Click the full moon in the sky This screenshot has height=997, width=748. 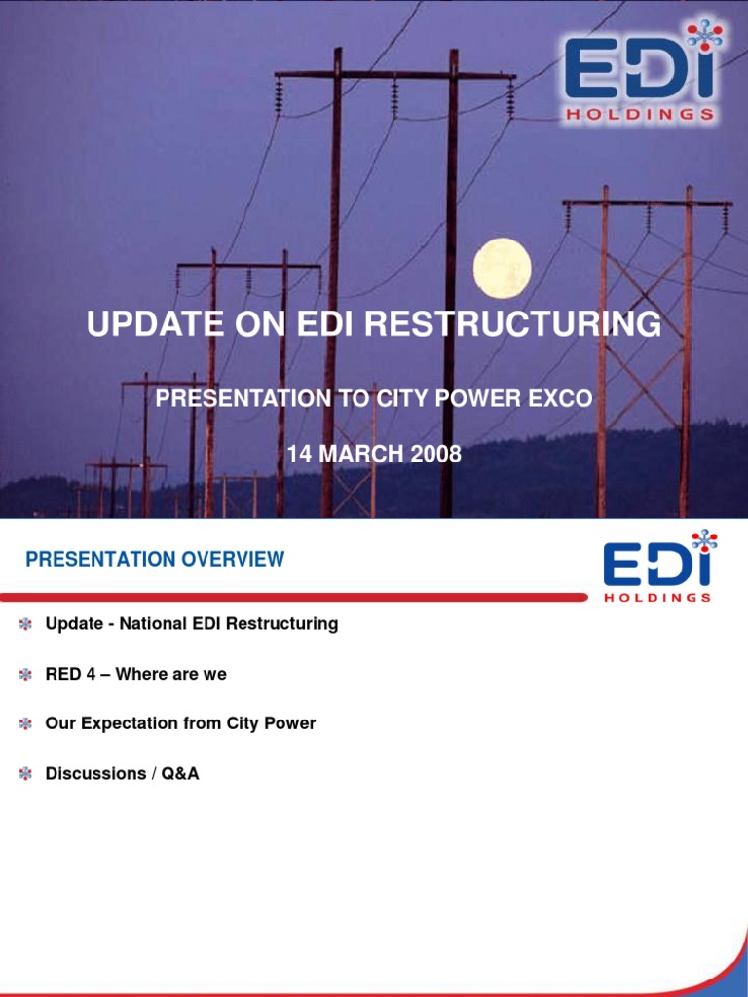(x=502, y=268)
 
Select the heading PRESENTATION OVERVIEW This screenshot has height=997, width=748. (x=155, y=560)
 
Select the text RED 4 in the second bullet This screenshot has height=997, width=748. (x=70, y=674)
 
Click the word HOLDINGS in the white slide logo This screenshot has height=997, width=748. (x=657, y=597)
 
